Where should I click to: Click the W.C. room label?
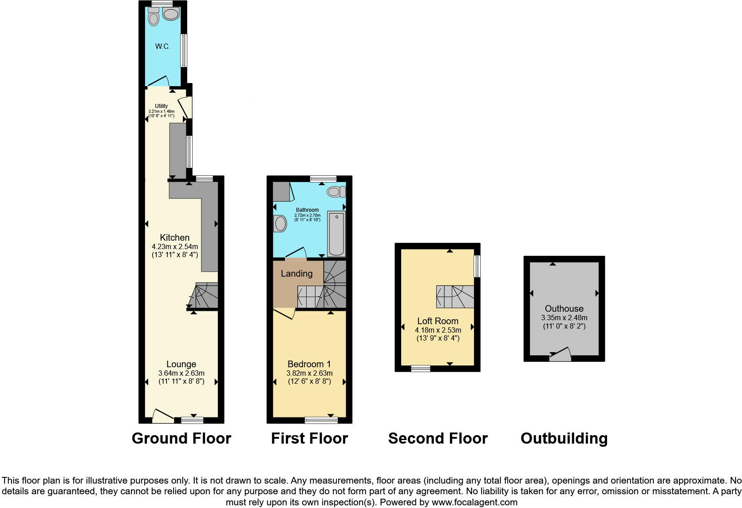(162, 46)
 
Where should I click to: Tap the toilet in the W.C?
(154, 17)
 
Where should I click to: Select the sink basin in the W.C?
(170, 14)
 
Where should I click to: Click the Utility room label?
(162, 106)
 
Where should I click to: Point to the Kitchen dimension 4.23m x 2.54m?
(175, 246)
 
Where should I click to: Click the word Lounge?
(181, 365)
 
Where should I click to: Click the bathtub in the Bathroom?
(336, 234)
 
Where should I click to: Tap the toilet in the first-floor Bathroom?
(336, 192)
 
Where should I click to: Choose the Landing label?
(296, 274)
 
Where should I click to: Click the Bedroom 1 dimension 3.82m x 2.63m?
(309, 373)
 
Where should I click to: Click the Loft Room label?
(438, 321)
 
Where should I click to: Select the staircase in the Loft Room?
(455, 297)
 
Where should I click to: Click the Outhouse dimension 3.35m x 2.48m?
(564, 317)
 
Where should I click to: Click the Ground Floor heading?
(182, 438)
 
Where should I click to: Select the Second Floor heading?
(438, 438)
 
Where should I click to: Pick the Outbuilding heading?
(564, 438)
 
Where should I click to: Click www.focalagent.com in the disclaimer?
(474, 502)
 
